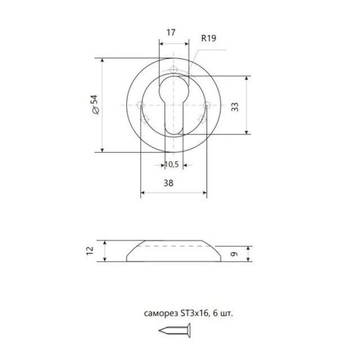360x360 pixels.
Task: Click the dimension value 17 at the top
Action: pyautogui.click(x=173, y=33)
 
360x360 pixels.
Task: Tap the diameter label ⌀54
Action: pyautogui.click(x=95, y=105)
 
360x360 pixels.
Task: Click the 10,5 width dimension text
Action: pyautogui.click(x=172, y=165)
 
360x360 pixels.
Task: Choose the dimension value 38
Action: pyautogui.click(x=168, y=183)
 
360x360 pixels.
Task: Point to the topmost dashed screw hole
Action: pyautogui.click(x=174, y=71)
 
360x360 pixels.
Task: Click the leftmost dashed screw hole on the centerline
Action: pyautogui.click(x=140, y=105)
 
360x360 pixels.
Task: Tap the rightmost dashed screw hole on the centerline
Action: pyautogui.click(x=208, y=105)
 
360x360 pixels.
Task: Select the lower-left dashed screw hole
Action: pyautogui.click(x=146, y=119)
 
